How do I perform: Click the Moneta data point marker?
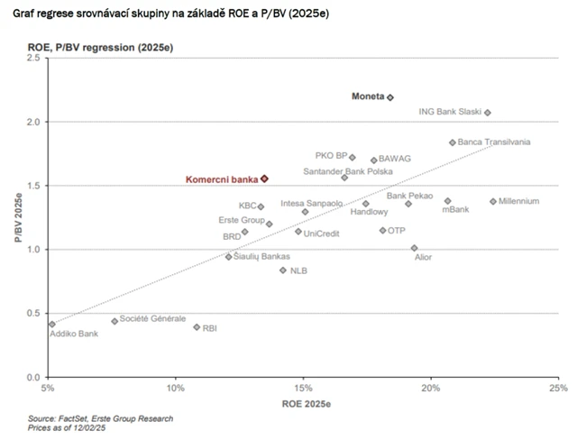tap(390, 96)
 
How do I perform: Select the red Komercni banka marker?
tap(264, 179)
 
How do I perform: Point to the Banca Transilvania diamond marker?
tap(453, 142)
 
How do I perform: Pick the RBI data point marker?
tap(197, 327)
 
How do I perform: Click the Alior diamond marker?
tap(414, 248)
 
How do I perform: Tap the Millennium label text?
tap(518, 201)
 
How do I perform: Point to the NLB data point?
tap(283, 270)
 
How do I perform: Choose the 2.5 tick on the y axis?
tap(33, 58)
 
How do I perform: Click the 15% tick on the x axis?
tap(304, 389)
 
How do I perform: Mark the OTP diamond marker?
tap(382, 231)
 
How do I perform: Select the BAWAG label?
tap(394, 159)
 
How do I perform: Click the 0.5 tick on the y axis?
tap(33, 313)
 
